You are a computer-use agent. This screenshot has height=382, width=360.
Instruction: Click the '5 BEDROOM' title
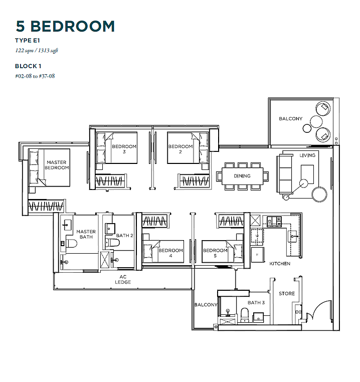65,26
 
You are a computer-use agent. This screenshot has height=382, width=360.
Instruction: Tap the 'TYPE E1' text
27,41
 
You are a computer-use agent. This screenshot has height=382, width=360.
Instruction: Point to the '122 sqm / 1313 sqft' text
37,51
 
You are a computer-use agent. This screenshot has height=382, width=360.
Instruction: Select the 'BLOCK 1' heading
28,66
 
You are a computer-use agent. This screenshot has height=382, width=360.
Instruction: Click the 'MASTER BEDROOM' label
57,165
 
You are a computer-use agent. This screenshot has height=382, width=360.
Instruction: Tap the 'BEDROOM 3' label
124,149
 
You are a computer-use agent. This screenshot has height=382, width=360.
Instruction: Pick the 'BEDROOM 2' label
181,149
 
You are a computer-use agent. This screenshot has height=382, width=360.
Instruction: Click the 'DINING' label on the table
242,176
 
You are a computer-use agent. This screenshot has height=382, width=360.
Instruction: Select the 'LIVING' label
307,155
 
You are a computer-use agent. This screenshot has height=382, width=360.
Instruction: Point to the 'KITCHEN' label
280,264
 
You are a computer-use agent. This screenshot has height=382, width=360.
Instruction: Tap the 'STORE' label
287,294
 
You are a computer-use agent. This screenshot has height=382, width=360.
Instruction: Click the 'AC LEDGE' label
123,279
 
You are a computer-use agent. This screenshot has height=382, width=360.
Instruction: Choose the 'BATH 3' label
256,303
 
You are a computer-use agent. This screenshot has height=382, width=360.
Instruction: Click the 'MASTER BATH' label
86,234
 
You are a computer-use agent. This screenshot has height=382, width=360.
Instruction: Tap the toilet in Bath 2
113,243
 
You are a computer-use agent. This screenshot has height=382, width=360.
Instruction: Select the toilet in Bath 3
245,315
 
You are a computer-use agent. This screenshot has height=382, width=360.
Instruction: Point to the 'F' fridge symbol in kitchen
257,255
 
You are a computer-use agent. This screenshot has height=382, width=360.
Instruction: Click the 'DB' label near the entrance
298,312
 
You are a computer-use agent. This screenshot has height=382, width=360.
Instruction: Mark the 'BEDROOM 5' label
215,253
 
